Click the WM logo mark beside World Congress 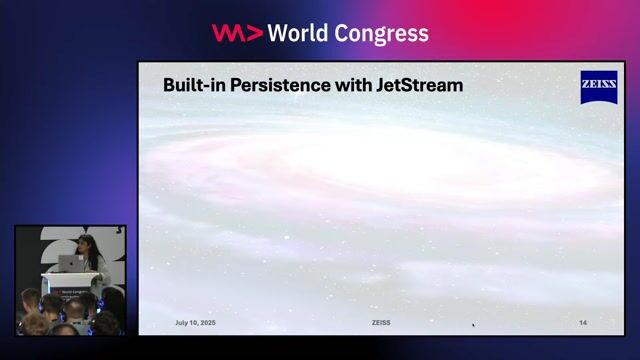[237, 33]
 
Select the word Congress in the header [382, 33]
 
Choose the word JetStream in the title [420, 86]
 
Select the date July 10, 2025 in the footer [196, 323]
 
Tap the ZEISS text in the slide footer [381, 323]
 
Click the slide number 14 [583, 323]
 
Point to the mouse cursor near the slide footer [473, 324]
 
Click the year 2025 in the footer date [208, 323]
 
